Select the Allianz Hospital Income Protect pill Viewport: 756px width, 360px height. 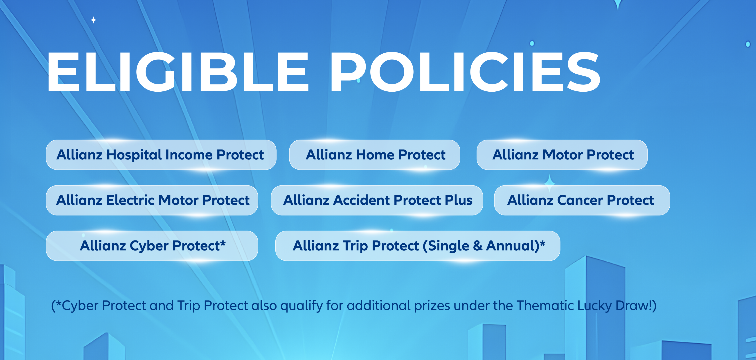coord(161,155)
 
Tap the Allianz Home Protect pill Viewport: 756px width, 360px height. coord(374,155)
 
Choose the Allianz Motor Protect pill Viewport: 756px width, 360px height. coord(562,155)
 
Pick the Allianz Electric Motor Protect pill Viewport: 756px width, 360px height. coord(152,200)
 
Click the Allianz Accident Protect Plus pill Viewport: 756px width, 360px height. coord(377,200)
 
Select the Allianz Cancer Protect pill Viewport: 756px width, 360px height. coord(582,200)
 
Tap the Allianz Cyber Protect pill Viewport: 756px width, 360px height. coord(152,246)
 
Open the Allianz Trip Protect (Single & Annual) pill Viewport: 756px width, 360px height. coord(418,246)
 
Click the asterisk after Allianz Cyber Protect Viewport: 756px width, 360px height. coord(223,243)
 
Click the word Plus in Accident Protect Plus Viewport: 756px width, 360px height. coord(458,200)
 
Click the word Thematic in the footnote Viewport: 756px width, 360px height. coord(545,306)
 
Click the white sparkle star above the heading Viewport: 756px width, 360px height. coord(93,20)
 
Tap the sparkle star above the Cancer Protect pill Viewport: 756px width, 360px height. coord(550,183)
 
